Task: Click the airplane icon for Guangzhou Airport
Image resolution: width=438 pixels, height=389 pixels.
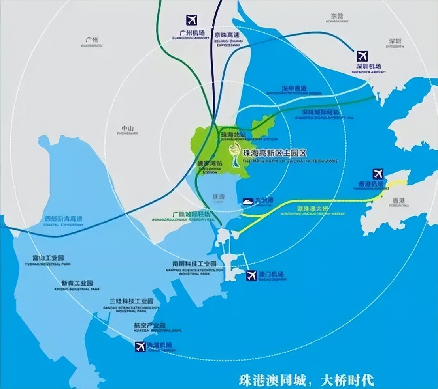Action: click(192, 20)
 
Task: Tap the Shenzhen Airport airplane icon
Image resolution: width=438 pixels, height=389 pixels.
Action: click(362, 56)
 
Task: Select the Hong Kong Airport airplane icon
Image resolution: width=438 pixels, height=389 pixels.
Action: click(378, 174)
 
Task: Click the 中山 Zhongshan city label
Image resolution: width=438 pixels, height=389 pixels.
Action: click(128, 128)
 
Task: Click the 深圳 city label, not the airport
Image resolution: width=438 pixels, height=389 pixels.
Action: click(395, 41)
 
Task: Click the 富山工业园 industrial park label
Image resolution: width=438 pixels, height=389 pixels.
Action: click(48, 258)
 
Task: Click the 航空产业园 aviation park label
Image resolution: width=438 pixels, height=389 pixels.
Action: click(149, 325)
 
